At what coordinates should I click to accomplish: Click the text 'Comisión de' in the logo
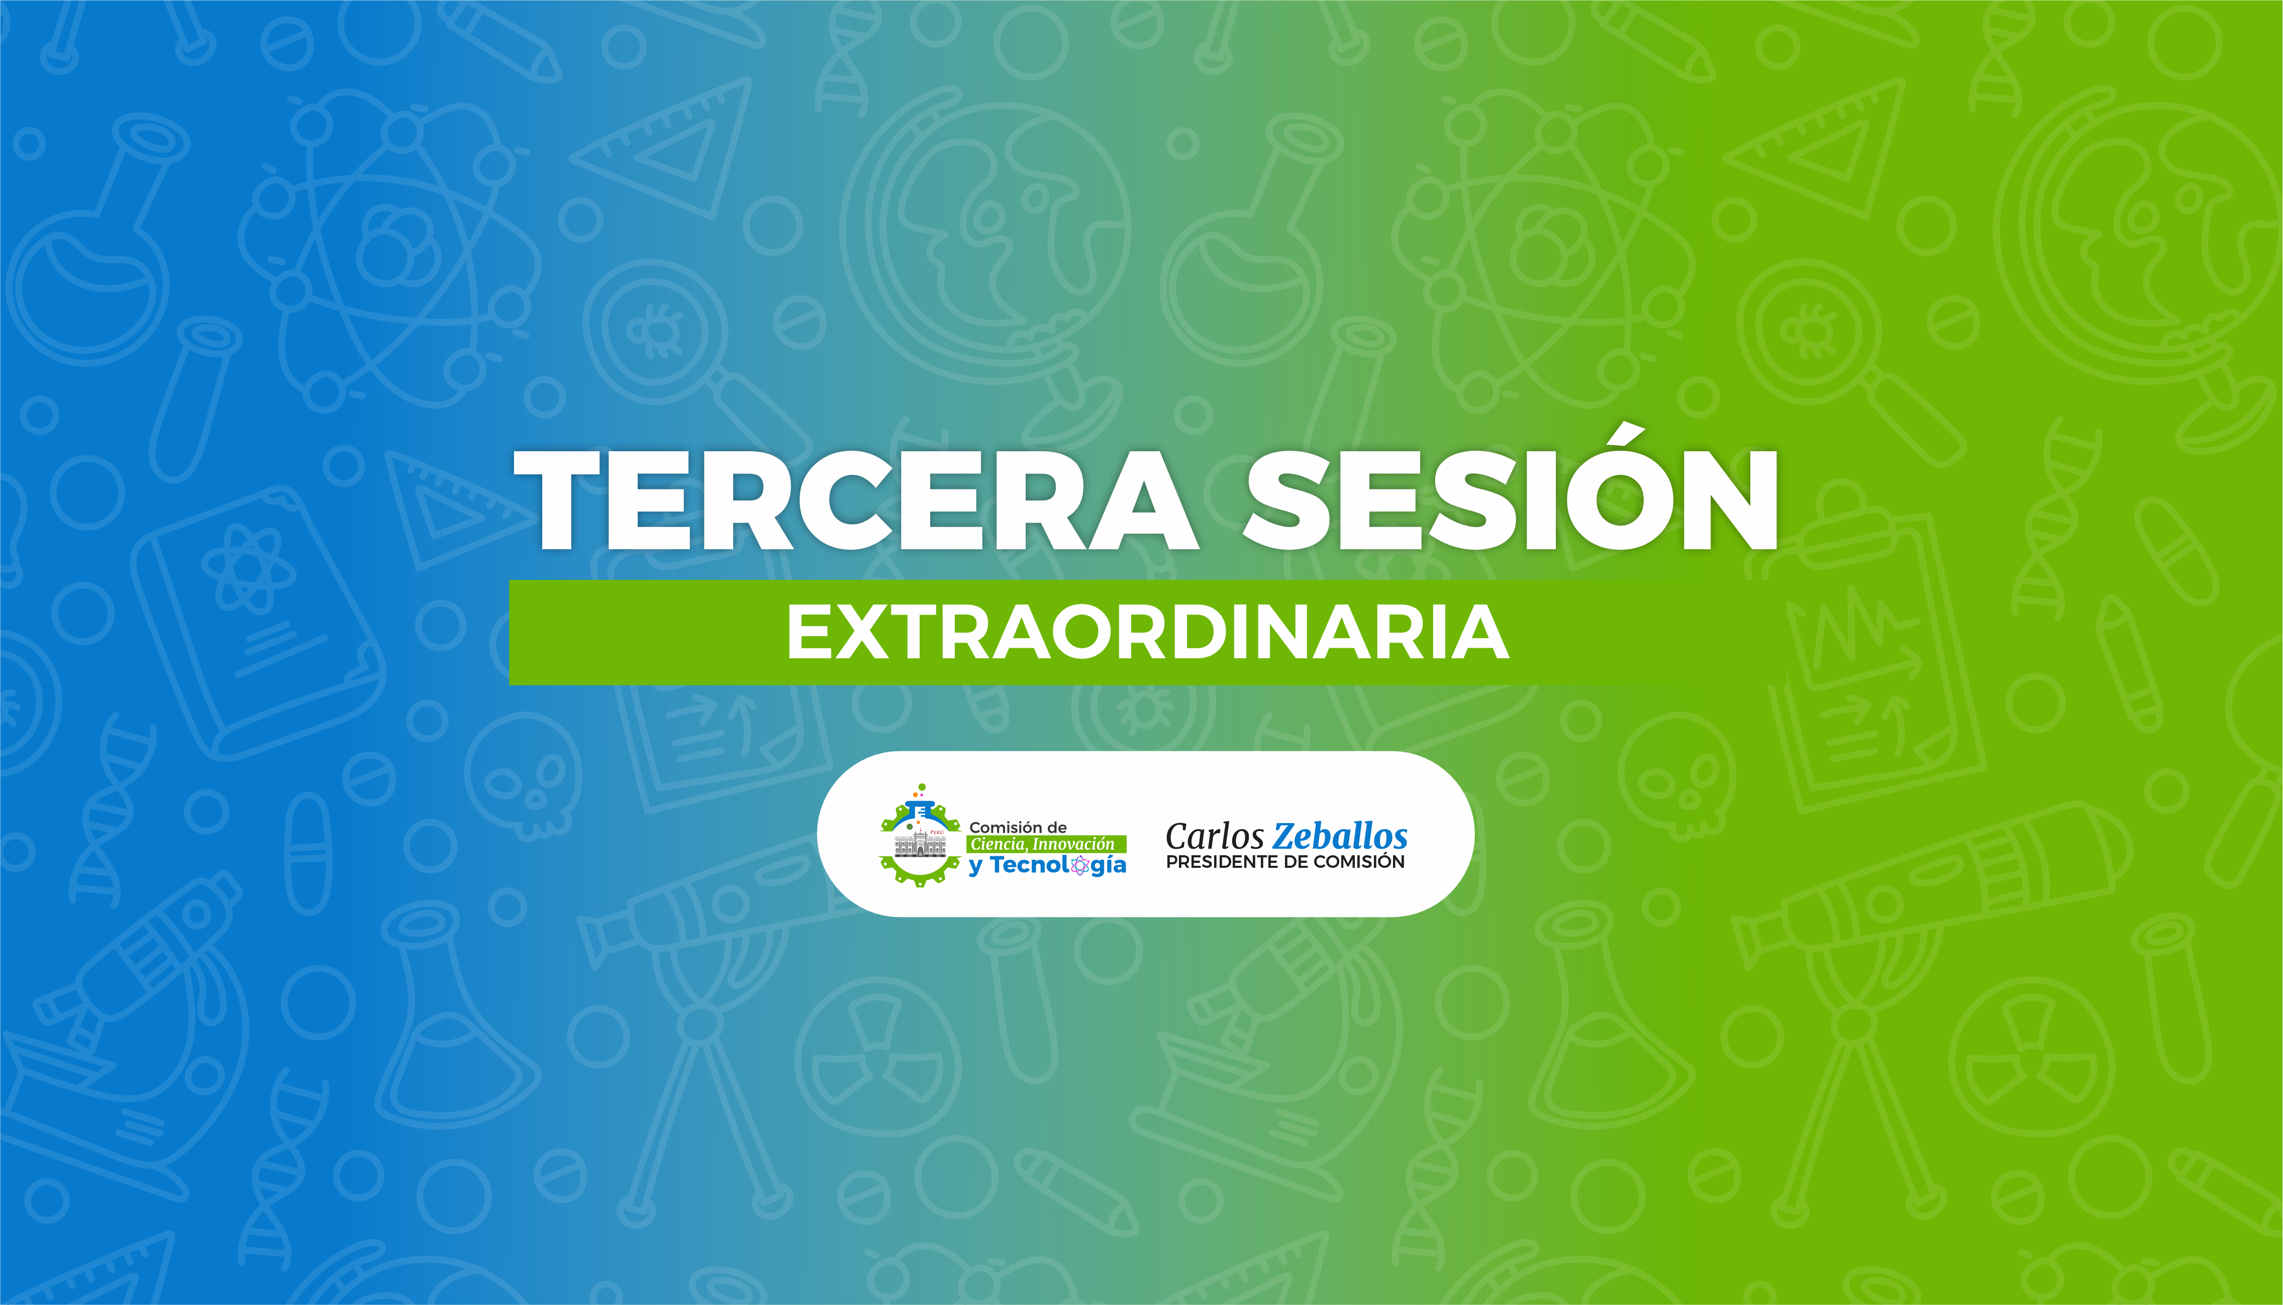(1017, 827)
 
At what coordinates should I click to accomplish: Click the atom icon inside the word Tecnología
(1080, 865)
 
